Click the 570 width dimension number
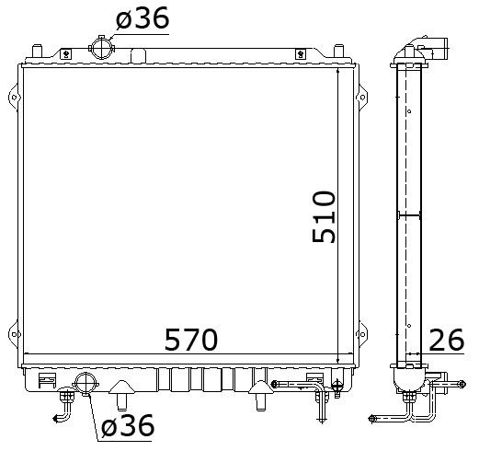pyautogui.click(x=191, y=340)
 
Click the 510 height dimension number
pyautogui.click(x=324, y=217)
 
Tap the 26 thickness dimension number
pyautogui.click(x=447, y=340)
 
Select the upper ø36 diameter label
pyautogui.click(x=143, y=17)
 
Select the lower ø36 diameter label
pyautogui.click(x=128, y=425)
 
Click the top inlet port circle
pyautogui.click(x=101, y=48)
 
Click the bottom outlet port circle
pyautogui.click(x=86, y=383)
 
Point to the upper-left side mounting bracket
pyautogui.click(x=14, y=98)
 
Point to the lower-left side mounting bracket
pyautogui.click(x=14, y=334)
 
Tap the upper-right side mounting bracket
pyautogui.click(x=362, y=98)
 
